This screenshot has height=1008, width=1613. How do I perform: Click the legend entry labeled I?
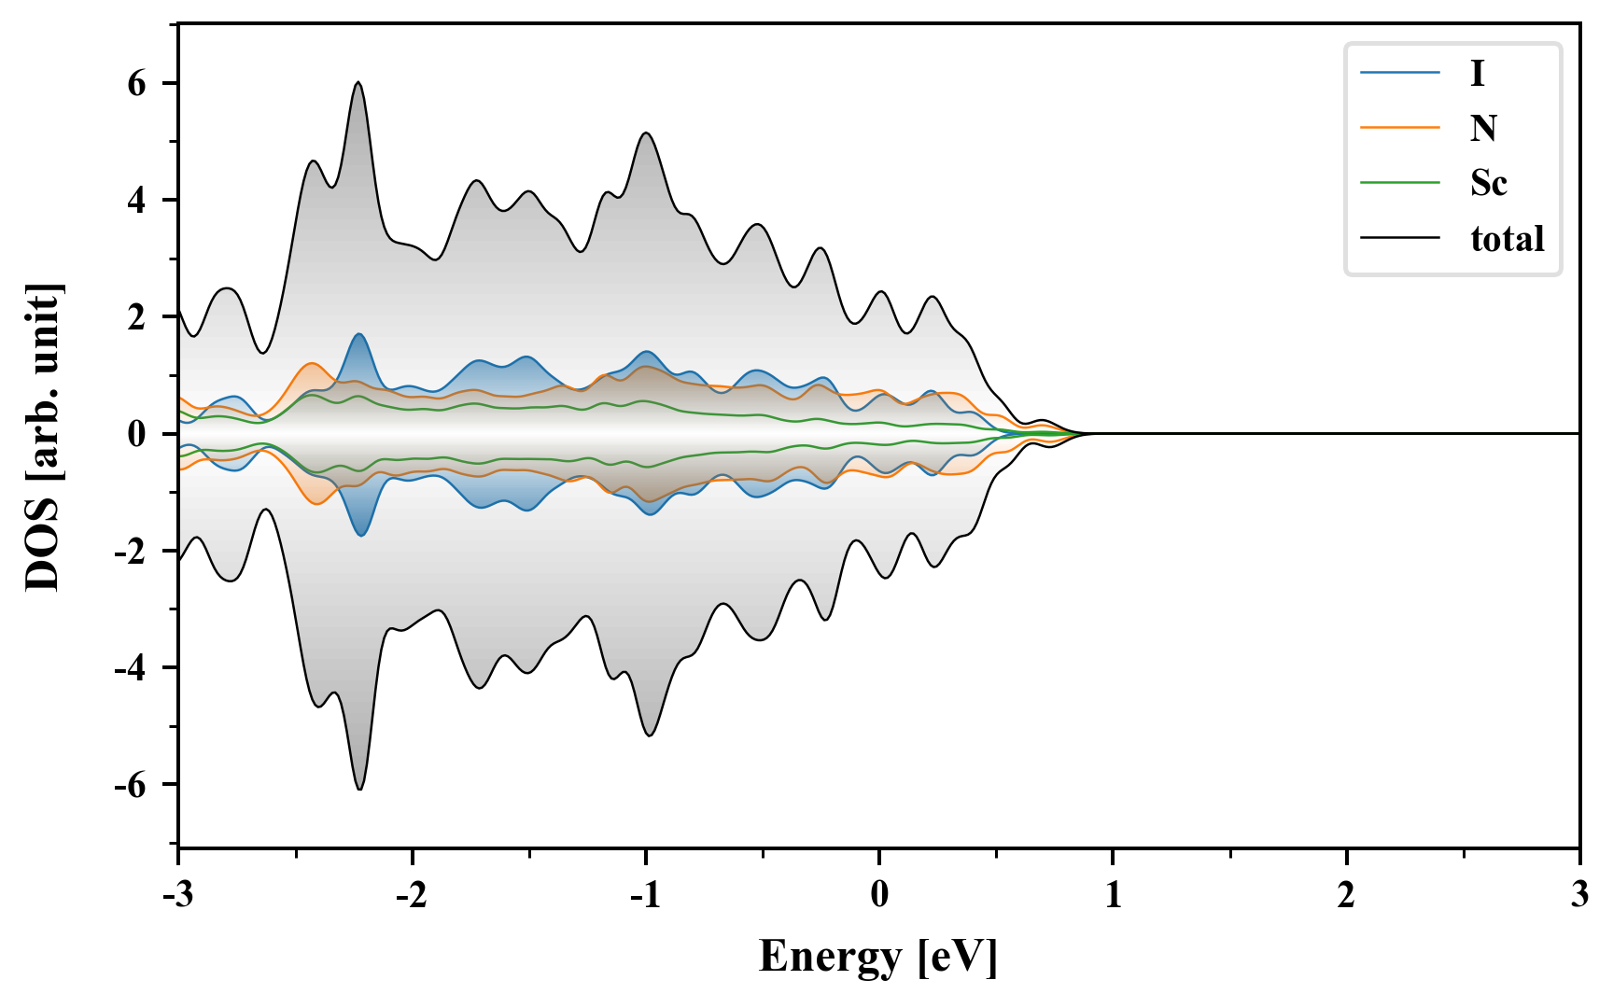tap(1477, 73)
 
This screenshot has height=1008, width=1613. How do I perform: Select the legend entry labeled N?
tap(1483, 128)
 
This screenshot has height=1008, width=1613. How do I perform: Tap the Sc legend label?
tap(1488, 183)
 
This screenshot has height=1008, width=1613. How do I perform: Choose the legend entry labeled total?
tap(1507, 239)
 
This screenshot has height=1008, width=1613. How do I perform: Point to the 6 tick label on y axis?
tap(137, 84)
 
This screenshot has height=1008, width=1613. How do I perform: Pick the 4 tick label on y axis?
tap(137, 201)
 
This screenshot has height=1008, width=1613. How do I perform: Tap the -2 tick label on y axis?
tap(131, 552)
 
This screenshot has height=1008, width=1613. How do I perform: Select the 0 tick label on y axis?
tap(137, 435)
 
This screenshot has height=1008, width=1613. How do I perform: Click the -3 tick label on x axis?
tap(177, 895)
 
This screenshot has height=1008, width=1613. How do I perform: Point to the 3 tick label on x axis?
tap(1579, 895)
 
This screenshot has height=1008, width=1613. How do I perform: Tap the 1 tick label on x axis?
tap(1113, 895)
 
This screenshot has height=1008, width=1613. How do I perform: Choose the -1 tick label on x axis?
tap(644, 895)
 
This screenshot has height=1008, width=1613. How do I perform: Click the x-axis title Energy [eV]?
tap(878, 957)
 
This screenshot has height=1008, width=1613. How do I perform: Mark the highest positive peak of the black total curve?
tap(358, 82)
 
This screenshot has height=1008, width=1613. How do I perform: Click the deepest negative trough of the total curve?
tap(360, 790)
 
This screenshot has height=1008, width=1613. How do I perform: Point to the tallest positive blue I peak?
tap(359, 334)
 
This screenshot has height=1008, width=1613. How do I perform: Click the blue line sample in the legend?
tap(1399, 73)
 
